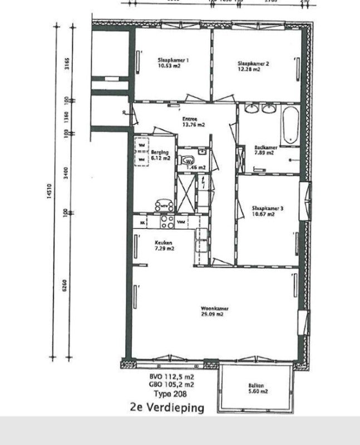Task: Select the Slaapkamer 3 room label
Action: coord(264,209)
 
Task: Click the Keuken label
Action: coord(164,243)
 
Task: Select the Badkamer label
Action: coord(264,148)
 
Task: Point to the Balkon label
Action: coord(257,385)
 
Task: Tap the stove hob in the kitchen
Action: coord(166,222)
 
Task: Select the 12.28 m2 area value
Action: coord(253,69)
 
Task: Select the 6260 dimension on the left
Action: coord(66,284)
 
